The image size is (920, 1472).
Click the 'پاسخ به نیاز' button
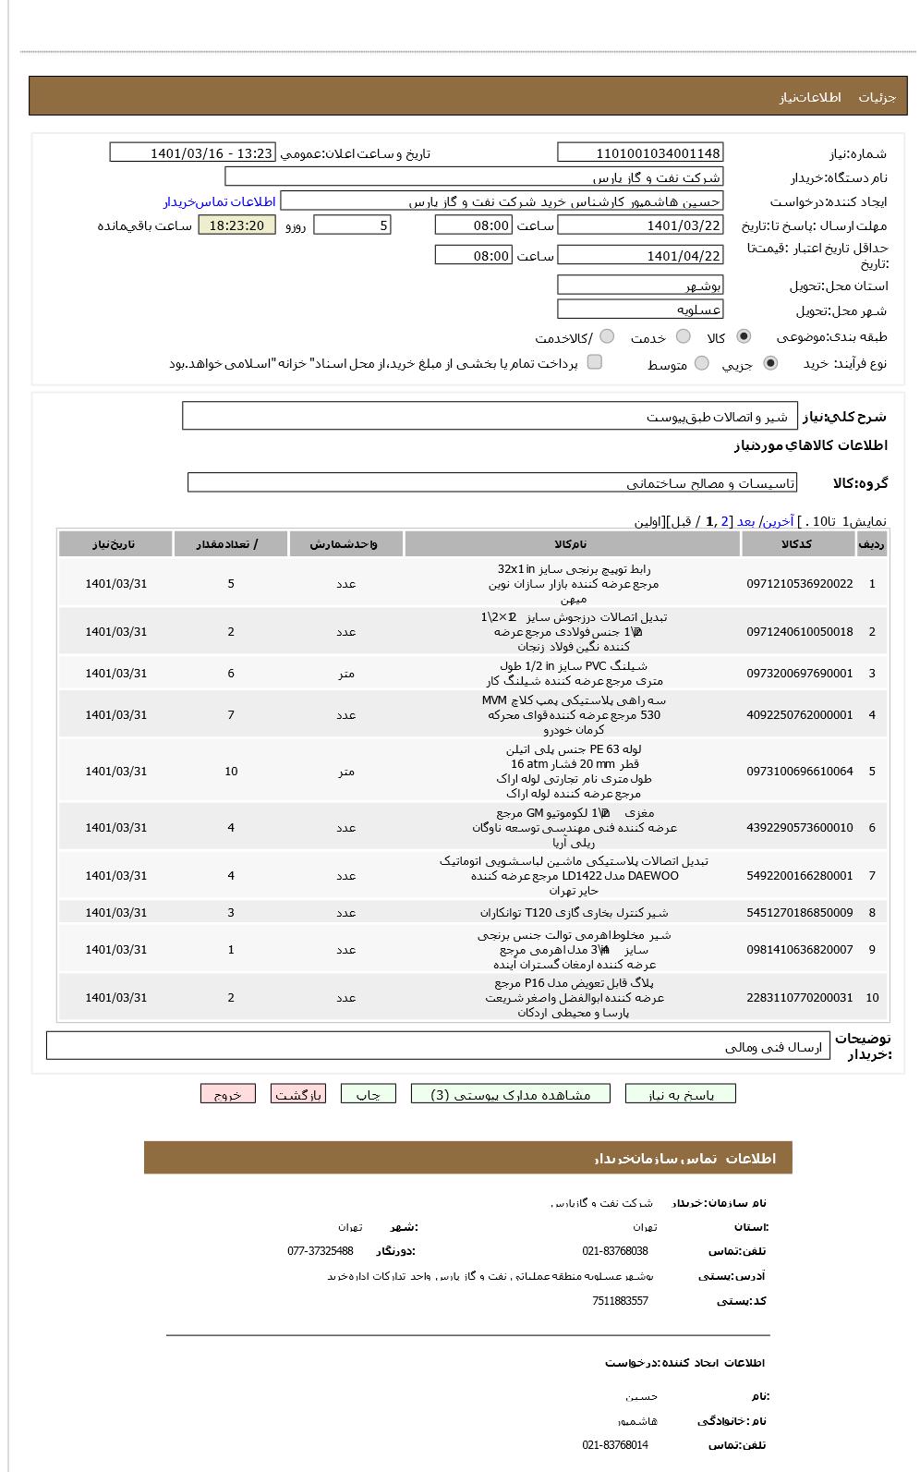pyautogui.click(x=681, y=1094)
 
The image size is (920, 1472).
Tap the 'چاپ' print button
pyautogui.click(x=368, y=1094)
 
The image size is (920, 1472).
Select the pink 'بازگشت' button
pyautogui.click(x=298, y=1094)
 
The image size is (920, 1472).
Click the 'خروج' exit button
pyautogui.click(x=227, y=1094)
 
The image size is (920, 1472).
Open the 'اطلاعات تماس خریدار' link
pyautogui.click(x=220, y=201)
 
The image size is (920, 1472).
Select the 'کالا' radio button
pyautogui.click(x=744, y=337)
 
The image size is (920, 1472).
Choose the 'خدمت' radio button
pyautogui.click(x=684, y=337)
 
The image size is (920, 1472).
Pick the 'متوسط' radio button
pyautogui.click(x=702, y=364)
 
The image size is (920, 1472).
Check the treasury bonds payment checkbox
pyautogui.click(x=595, y=362)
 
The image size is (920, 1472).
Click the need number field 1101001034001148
pyautogui.click(x=640, y=153)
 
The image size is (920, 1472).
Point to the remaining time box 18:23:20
pyautogui.click(x=236, y=225)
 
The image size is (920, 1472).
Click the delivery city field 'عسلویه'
pyautogui.click(x=640, y=310)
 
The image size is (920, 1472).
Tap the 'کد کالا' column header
pyautogui.click(x=796, y=544)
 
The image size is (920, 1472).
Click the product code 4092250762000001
pyautogui.click(x=799, y=715)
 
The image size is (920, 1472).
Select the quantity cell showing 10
pyautogui.click(x=231, y=772)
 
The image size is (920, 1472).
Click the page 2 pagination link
pyautogui.click(x=725, y=521)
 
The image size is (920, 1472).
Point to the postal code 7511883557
pyautogui.click(x=620, y=1301)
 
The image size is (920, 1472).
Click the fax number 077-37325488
pyautogui.click(x=321, y=1251)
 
